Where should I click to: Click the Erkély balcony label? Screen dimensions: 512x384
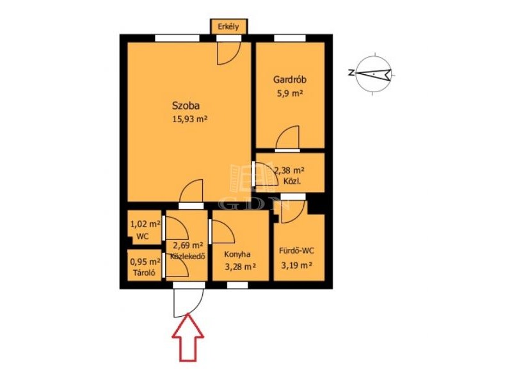pyautogui.click(x=228, y=27)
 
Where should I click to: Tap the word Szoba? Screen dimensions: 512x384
pyautogui.click(x=186, y=106)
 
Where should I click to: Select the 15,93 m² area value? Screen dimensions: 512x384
pyautogui.click(x=190, y=119)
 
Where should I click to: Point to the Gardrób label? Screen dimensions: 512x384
pyautogui.click(x=290, y=79)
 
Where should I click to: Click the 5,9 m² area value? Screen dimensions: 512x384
pyautogui.click(x=290, y=93)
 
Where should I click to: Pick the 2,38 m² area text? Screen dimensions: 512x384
pyautogui.click(x=289, y=170)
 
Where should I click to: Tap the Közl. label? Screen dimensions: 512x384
pyautogui.click(x=292, y=181)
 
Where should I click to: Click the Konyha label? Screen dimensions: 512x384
pyautogui.click(x=237, y=254)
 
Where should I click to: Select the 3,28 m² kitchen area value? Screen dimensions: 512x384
pyautogui.click(x=241, y=267)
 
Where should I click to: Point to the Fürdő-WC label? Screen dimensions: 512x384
pyautogui.click(x=296, y=251)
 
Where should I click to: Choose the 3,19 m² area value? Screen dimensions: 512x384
pyautogui.click(x=296, y=265)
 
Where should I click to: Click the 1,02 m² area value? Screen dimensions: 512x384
pyautogui.click(x=145, y=225)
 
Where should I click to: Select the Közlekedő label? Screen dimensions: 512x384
pyautogui.click(x=188, y=257)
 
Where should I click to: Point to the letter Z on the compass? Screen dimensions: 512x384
pyautogui.click(x=351, y=72)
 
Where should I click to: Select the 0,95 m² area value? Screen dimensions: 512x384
pyautogui.click(x=145, y=262)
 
